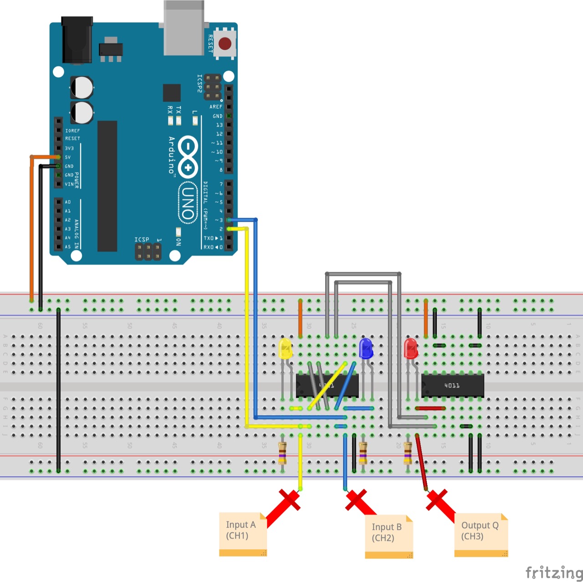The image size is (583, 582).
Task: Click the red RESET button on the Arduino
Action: (x=225, y=43)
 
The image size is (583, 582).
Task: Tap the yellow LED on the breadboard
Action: (x=285, y=349)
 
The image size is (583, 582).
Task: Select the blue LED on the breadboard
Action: (x=366, y=348)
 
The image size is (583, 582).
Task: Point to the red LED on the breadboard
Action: (x=410, y=348)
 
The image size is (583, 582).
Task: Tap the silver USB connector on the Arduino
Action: (x=184, y=27)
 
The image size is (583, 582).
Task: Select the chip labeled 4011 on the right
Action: (x=452, y=386)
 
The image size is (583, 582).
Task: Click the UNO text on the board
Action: (x=188, y=203)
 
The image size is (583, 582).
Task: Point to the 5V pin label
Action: (x=68, y=157)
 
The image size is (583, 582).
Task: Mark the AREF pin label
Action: (x=216, y=107)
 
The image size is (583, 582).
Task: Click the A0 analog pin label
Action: (x=68, y=202)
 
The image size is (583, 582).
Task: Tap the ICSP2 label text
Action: (x=199, y=83)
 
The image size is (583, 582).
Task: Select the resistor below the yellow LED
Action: (x=282, y=453)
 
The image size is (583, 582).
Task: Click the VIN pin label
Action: (x=69, y=184)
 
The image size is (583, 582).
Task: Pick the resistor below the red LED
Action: (x=408, y=453)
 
